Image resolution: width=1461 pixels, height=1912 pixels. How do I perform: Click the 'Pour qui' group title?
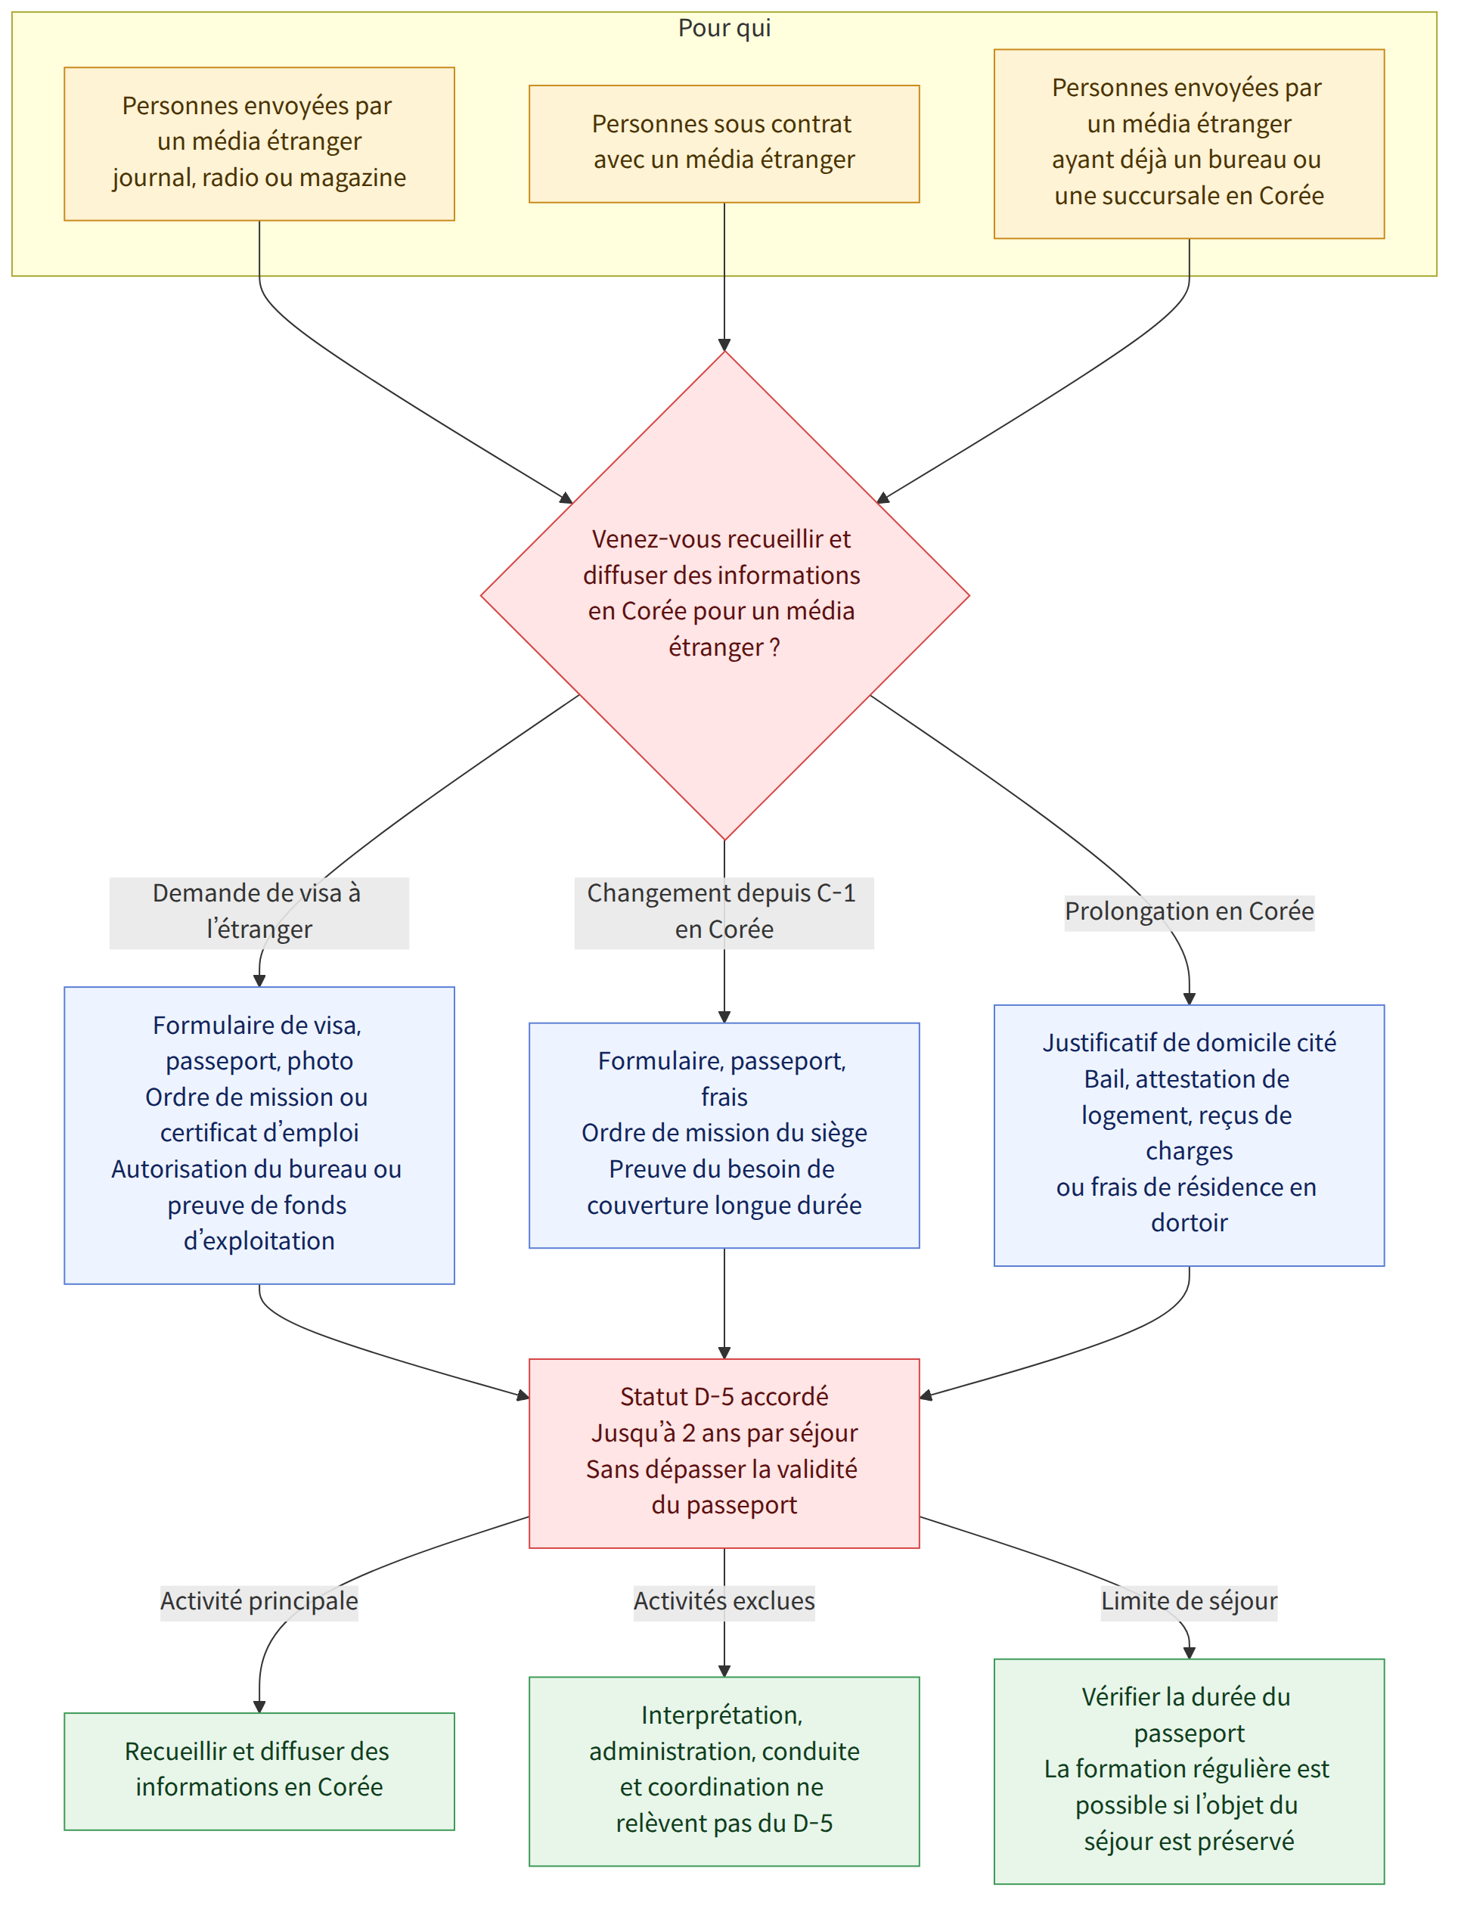click(724, 29)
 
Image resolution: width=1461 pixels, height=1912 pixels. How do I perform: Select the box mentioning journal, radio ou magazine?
click(259, 144)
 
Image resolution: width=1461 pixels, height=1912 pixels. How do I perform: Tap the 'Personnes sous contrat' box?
click(724, 144)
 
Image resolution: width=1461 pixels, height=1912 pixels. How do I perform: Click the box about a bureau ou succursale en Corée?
click(1190, 144)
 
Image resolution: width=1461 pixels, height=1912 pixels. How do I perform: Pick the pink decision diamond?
click(724, 596)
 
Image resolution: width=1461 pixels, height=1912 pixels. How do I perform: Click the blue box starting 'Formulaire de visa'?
click(259, 1135)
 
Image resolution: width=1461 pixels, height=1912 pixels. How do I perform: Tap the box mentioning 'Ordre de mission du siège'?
click(724, 1135)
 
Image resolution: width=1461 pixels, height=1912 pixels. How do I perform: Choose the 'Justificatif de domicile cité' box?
click(1190, 1135)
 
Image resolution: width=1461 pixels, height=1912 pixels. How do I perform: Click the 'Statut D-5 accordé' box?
click(724, 1454)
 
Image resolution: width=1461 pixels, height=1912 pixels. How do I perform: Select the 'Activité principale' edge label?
click(259, 1601)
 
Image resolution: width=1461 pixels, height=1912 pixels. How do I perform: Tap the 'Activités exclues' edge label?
click(724, 1601)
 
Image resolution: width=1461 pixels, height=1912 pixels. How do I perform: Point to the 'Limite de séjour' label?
click(1190, 1601)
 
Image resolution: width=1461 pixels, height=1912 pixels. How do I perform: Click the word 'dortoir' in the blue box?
click(1190, 1223)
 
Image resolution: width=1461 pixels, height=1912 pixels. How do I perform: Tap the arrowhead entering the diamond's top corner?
click(724, 346)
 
